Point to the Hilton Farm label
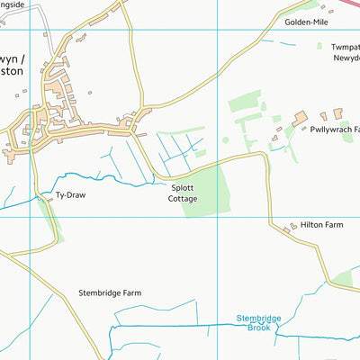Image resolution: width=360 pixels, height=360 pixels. [322, 225]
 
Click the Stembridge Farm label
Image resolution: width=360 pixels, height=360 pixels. [110, 293]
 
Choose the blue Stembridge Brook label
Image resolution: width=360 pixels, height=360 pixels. [258, 323]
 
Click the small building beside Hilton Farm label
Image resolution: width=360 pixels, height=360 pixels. [290, 230]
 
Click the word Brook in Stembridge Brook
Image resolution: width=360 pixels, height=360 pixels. [258, 328]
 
